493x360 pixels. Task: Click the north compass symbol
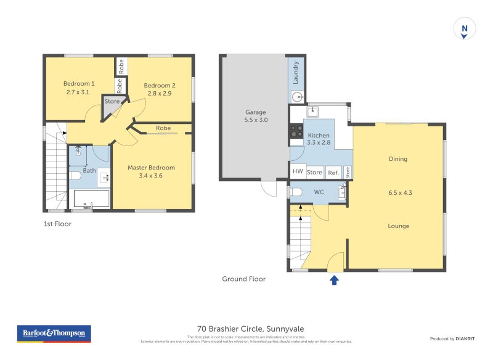(x=465, y=29)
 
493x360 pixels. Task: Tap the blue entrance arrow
(x=334, y=280)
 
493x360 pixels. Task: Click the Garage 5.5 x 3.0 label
(x=255, y=117)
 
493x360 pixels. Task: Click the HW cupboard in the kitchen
(x=298, y=172)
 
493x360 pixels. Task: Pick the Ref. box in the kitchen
(x=333, y=173)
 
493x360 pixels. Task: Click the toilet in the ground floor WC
(x=296, y=192)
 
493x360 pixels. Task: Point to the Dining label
(x=398, y=159)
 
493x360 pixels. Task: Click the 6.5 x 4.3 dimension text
(x=399, y=193)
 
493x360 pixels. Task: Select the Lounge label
(x=399, y=226)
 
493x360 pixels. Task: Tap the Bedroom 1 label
(x=79, y=88)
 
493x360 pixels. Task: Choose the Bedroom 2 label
(x=160, y=89)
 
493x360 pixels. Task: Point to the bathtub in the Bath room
(x=91, y=199)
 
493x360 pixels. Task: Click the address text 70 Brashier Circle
(x=251, y=329)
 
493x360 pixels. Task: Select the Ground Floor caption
(x=243, y=279)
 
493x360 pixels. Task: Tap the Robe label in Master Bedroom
(x=163, y=128)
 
